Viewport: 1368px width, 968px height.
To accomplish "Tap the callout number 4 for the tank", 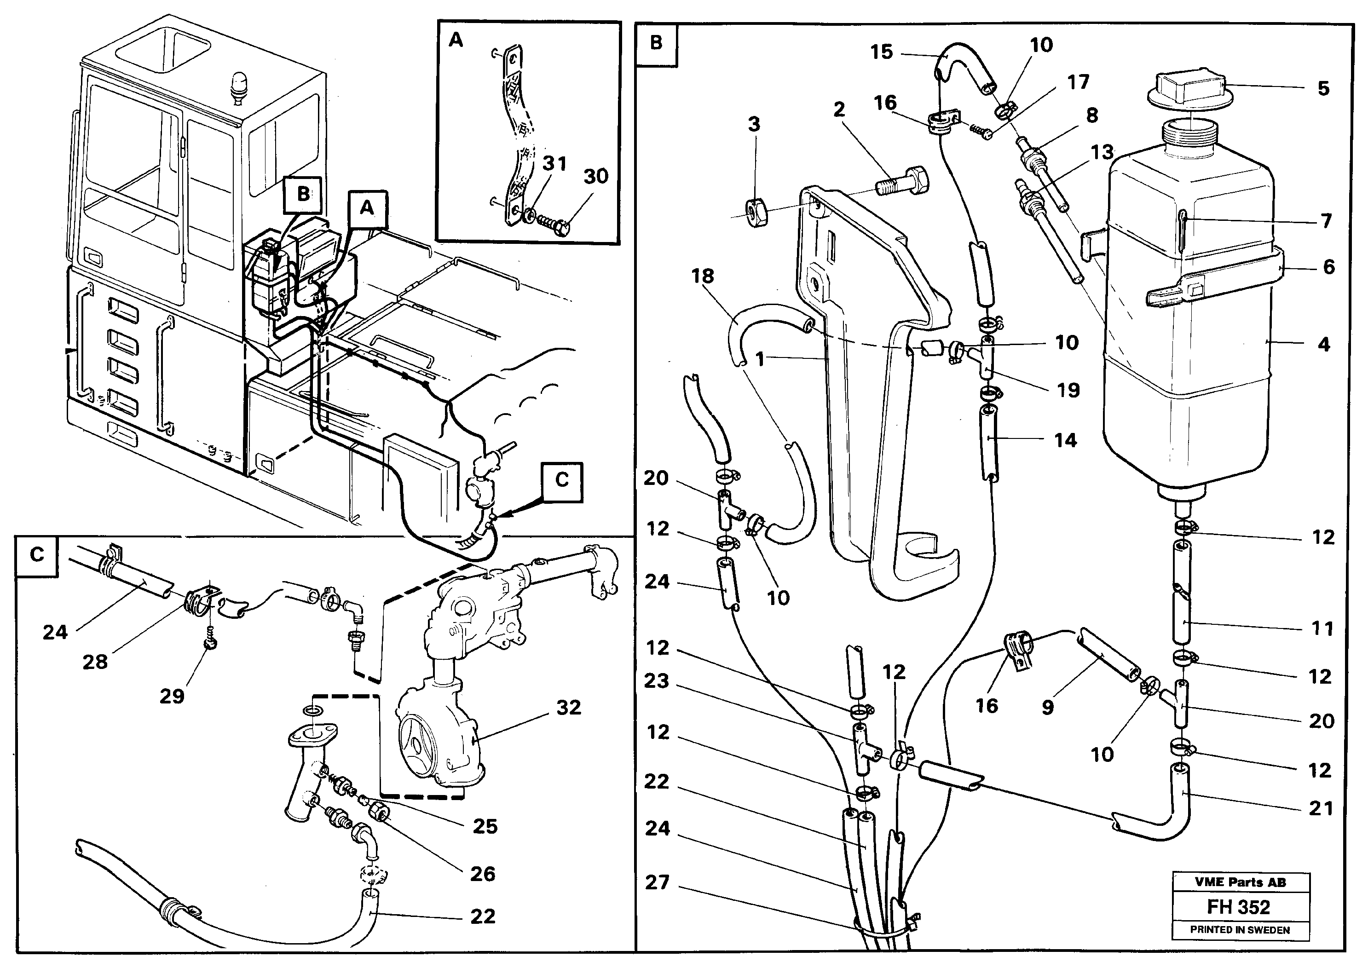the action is pyautogui.click(x=1323, y=345).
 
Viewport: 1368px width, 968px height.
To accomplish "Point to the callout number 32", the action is pyautogui.click(x=568, y=707).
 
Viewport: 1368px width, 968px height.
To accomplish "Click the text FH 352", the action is pyautogui.click(x=1239, y=907).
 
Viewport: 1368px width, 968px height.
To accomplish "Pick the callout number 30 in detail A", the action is pyautogui.click(x=595, y=176).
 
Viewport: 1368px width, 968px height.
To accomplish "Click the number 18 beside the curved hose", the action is pyautogui.click(x=703, y=276).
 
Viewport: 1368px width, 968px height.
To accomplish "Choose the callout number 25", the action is pyautogui.click(x=485, y=826).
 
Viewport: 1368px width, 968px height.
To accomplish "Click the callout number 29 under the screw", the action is pyautogui.click(x=172, y=696).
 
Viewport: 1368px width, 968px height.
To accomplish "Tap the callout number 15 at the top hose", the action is pyautogui.click(x=881, y=52).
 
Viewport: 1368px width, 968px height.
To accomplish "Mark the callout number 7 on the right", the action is pyautogui.click(x=1326, y=221).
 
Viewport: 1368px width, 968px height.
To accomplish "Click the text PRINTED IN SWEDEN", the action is pyautogui.click(x=1240, y=930).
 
